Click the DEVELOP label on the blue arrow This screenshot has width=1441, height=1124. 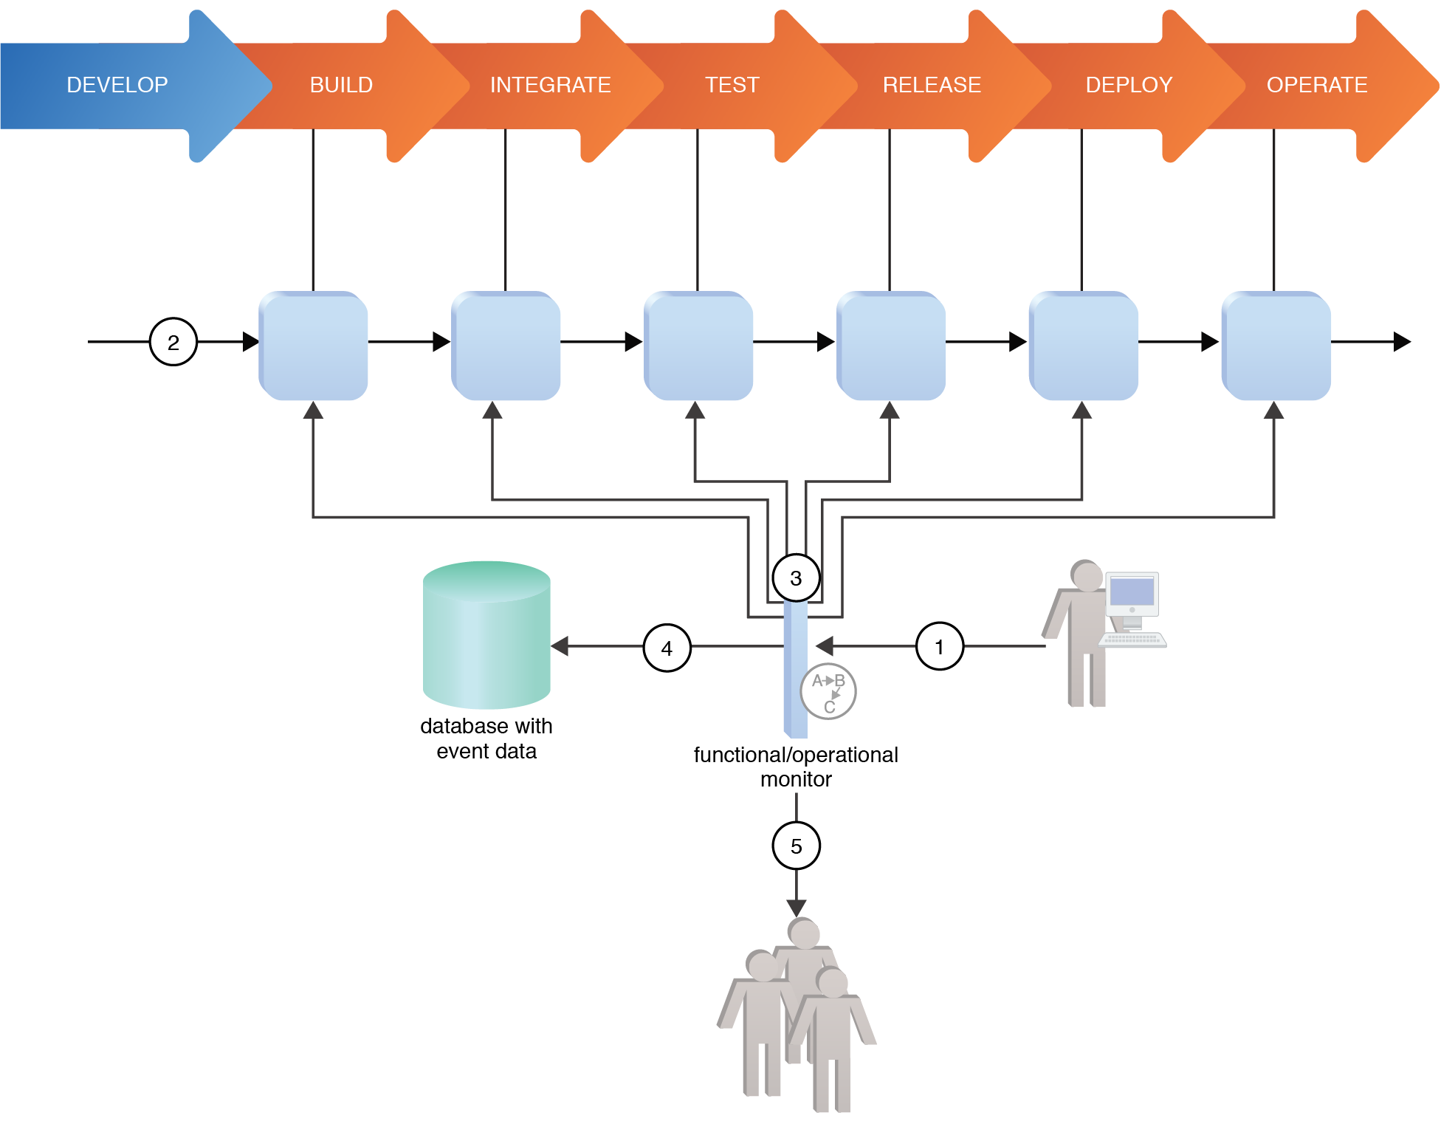(x=117, y=85)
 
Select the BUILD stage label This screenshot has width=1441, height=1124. (x=341, y=85)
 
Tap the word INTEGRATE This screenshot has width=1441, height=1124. (x=550, y=85)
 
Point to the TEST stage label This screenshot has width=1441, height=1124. (x=732, y=85)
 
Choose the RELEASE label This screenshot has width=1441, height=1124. (x=932, y=85)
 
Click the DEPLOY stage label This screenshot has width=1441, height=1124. (x=1129, y=85)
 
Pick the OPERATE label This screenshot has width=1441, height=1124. (x=1317, y=85)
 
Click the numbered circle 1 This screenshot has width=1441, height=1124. (x=939, y=647)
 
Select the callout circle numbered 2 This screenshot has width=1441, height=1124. (x=173, y=342)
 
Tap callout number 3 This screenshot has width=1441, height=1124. (x=796, y=578)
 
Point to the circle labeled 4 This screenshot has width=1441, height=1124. (x=667, y=648)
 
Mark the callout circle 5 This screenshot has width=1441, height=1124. (x=796, y=846)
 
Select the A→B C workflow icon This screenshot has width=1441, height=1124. (x=828, y=692)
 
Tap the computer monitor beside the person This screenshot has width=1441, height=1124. (x=1132, y=594)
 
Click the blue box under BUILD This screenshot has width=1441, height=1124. (x=314, y=346)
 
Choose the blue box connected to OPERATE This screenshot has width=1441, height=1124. (x=1276, y=346)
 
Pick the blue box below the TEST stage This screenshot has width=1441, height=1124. (x=698, y=346)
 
